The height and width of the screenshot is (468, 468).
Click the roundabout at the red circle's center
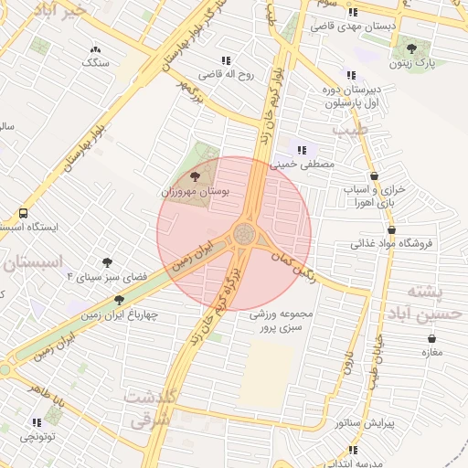point(243,235)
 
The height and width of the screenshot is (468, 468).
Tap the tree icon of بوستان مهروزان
point(195,176)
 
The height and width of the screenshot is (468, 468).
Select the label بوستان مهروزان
point(195,192)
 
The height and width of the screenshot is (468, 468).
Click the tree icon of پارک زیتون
point(410,48)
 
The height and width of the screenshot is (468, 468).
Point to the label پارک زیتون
point(409,63)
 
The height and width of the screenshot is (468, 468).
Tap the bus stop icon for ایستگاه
point(23,212)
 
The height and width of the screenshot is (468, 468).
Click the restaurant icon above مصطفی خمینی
point(302,149)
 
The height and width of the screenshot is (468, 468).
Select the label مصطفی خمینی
point(303,165)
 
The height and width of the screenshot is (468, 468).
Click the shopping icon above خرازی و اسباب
point(374,175)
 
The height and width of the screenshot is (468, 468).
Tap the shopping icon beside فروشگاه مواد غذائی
point(392,230)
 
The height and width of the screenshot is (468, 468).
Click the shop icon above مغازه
point(431,337)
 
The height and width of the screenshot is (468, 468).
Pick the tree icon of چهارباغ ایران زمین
point(119,300)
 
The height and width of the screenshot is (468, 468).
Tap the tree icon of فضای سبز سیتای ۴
point(107,262)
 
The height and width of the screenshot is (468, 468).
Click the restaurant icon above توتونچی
point(37,422)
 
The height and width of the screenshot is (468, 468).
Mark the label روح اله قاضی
point(226,72)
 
